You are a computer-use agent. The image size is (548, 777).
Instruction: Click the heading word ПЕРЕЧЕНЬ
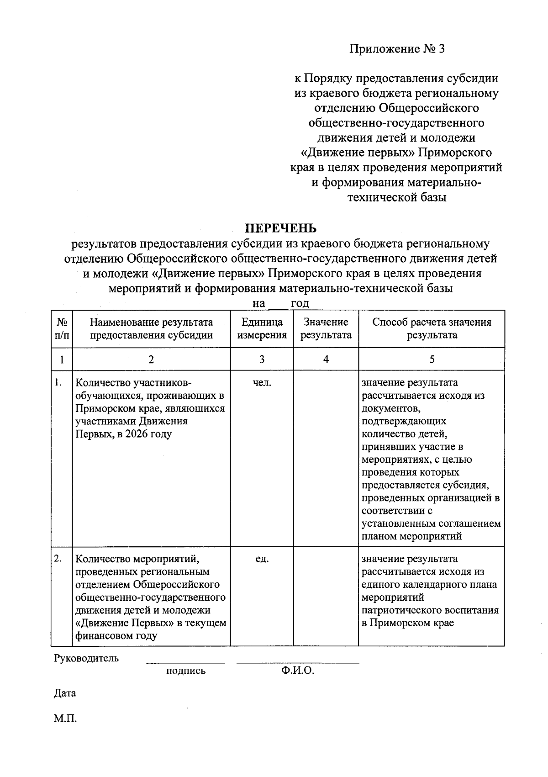(x=281, y=227)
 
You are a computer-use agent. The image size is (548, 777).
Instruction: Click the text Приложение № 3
(x=396, y=48)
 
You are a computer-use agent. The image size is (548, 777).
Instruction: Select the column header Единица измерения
(x=262, y=328)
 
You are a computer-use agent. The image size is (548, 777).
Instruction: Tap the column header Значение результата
(x=326, y=328)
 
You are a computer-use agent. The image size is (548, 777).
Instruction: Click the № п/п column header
(x=62, y=328)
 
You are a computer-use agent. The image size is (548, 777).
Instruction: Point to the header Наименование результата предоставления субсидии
(x=151, y=328)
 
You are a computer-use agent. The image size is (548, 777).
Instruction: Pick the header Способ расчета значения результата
(x=432, y=328)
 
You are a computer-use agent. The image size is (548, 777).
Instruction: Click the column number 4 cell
(x=326, y=359)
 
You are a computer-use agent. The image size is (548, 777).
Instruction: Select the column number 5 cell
(x=432, y=359)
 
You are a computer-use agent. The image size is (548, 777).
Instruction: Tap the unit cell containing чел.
(x=262, y=383)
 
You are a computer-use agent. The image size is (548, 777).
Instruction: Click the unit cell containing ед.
(x=262, y=559)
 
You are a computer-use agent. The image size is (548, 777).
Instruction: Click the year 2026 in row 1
(x=137, y=434)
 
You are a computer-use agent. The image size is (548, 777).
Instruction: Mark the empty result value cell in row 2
(x=326, y=596)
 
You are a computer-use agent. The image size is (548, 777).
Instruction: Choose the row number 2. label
(x=58, y=558)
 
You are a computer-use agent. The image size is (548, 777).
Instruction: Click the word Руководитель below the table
(x=86, y=658)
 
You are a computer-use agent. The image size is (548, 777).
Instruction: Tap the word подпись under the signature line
(x=186, y=671)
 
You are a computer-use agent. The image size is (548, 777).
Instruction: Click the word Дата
(x=65, y=693)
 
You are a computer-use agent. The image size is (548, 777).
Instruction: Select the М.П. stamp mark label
(x=65, y=719)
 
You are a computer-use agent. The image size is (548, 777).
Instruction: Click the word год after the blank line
(x=300, y=303)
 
